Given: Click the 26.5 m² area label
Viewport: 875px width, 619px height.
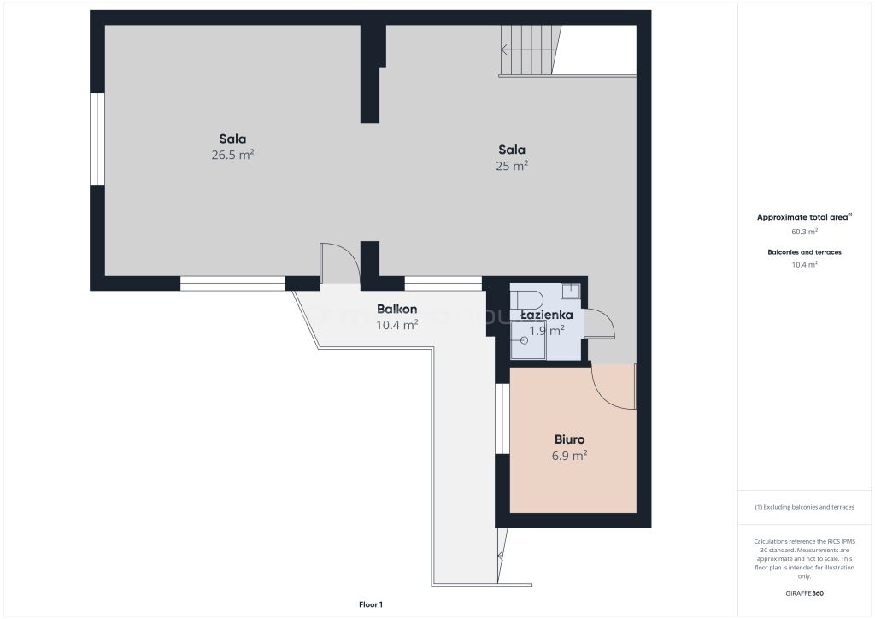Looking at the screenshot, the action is pyautogui.click(x=232, y=155).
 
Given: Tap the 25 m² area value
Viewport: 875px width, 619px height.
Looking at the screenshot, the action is pyautogui.click(x=512, y=165).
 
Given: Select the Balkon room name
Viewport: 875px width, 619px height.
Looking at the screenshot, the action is pyautogui.click(x=396, y=309).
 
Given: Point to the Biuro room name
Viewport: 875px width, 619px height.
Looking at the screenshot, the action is pyautogui.click(x=569, y=439).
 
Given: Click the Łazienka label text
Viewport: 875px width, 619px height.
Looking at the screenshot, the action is pyautogui.click(x=546, y=315).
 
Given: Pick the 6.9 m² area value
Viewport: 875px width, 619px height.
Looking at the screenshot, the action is pyautogui.click(x=569, y=456).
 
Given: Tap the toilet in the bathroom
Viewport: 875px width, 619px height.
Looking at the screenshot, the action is pyautogui.click(x=526, y=300).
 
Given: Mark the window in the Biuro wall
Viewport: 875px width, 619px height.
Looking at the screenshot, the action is pyautogui.click(x=502, y=419).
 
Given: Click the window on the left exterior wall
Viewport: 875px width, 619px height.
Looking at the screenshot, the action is pyautogui.click(x=97, y=139).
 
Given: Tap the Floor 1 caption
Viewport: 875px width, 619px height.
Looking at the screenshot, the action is pyautogui.click(x=371, y=604).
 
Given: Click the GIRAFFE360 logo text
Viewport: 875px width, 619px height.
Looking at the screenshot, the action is pyautogui.click(x=804, y=593).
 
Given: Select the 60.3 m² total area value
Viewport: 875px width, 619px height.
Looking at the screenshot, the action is pyautogui.click(x=804, y=231).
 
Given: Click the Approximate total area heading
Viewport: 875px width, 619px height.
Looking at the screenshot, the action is pyautogui.click(x=804, y=217).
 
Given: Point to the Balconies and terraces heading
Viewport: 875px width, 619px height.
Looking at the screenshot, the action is pyautogui.click(x=804, y=252).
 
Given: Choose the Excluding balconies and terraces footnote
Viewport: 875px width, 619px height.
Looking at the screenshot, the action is pyautogui.click(x=804, y=507).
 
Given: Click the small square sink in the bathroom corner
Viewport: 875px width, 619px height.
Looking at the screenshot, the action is pyautogui.click(x=571, y=290).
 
